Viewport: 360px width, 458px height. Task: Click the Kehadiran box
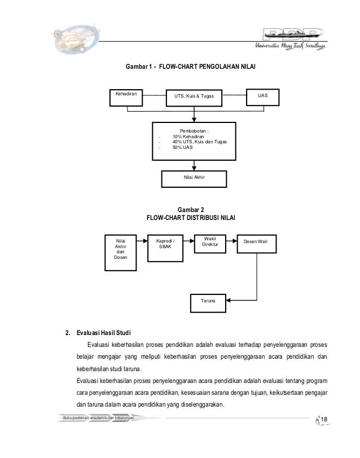(x=129, y=98)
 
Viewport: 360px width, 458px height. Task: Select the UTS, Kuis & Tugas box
(x=194, y=98)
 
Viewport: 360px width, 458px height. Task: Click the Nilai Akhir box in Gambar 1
(x=194, y=178)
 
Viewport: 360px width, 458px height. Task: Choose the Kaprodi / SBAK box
(x=165, y=246)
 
